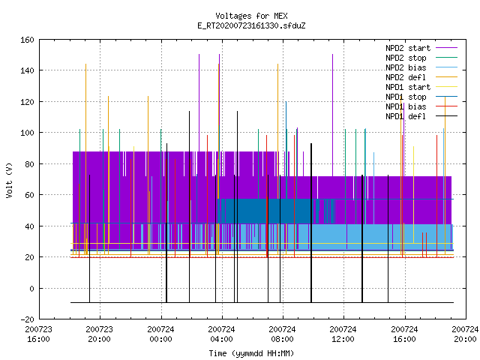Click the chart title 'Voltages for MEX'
[251, 16]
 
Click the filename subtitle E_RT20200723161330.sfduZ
[251, 25]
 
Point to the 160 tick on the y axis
[27, 40]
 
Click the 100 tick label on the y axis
[27, 133]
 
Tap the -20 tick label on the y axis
[27, 319]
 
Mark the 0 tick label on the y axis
[31, 288]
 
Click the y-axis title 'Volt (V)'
[9, 180]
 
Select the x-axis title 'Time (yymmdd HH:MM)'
[251, 353]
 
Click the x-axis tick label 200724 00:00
[160, 334]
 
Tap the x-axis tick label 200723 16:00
[38, 334]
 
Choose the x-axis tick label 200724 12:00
[343, 334]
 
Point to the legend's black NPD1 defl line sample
[447, 116]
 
